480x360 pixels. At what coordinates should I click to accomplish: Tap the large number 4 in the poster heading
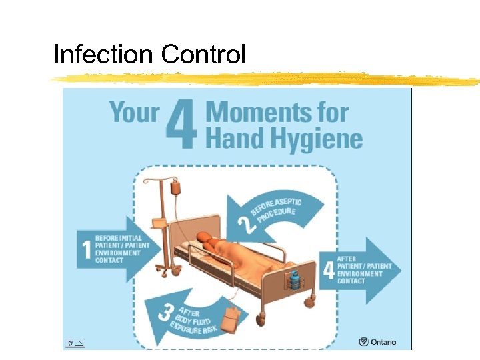tap(181, 125)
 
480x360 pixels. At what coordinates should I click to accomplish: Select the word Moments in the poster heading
tap(277, 111)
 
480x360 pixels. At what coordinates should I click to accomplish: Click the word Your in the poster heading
tap(134, 111)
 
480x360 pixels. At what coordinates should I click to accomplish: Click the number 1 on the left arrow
tap(85, 249)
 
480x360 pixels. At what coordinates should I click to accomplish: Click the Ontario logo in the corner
tap(377, 342)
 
